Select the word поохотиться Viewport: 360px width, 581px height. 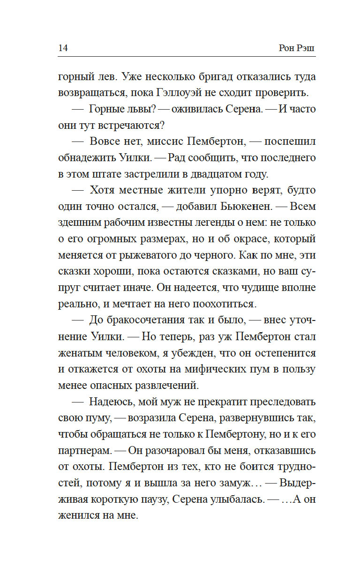(221, 304)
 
